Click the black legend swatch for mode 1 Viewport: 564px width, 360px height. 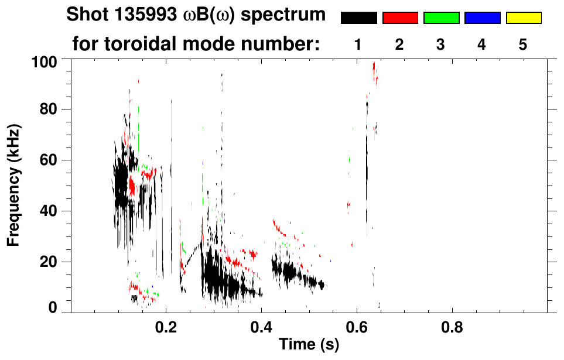(359, 18)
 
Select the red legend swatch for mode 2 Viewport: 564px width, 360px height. (400, 18)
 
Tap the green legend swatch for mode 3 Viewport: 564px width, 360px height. (441, 18)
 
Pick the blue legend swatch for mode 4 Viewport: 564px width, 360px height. (482, 18)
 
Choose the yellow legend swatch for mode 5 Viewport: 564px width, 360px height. (524, 18)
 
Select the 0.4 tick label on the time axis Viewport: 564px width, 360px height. (261, 325)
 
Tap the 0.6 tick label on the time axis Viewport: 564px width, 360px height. (356, 325)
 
